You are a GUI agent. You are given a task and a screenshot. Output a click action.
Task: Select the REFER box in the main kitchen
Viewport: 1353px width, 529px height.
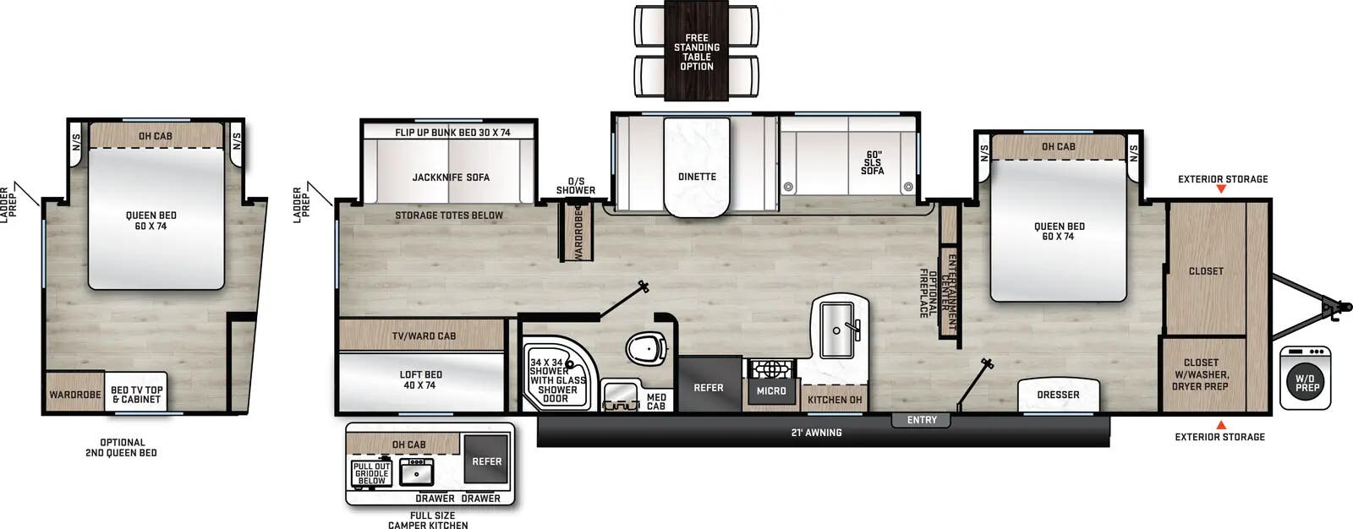pos(709,388)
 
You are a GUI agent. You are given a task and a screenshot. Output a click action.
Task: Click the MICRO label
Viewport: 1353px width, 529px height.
pos(771,391)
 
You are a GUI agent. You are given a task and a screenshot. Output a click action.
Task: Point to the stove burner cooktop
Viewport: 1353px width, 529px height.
pos(770,369)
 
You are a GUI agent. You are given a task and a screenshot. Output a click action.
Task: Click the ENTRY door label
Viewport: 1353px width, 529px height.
pos(922,420)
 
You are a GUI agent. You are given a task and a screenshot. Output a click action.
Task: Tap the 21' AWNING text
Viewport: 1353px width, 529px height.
pos(816,433)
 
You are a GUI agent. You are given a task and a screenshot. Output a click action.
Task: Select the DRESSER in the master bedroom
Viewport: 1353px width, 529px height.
pos(1058,395)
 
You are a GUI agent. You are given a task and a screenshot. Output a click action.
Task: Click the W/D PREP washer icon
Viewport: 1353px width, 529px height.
pos(1306,383)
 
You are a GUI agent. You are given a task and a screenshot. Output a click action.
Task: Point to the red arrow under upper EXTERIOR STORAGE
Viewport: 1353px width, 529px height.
pos(1220,189)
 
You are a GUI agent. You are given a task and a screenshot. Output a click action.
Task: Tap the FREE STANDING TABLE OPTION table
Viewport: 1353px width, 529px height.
pos(697,52)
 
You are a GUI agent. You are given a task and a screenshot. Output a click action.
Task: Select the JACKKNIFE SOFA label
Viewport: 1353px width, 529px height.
pos(451,177)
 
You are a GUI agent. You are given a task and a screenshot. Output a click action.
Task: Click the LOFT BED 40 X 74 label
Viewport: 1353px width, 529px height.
pos(421,380)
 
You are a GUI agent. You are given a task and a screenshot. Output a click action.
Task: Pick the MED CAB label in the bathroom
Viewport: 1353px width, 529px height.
pos(656,401)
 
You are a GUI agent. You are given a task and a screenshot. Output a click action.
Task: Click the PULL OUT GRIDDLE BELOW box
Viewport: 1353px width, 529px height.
pos(371,473)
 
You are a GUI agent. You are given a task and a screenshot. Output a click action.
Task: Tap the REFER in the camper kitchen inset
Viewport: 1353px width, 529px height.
pos(486,461)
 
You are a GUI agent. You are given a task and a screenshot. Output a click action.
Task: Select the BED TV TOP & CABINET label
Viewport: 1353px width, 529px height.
pos(136,395)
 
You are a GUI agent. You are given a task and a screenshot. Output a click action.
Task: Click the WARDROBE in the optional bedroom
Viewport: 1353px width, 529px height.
pos(75,395)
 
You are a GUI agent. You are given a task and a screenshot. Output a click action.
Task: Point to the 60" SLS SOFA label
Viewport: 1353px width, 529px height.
pos(873,163)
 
